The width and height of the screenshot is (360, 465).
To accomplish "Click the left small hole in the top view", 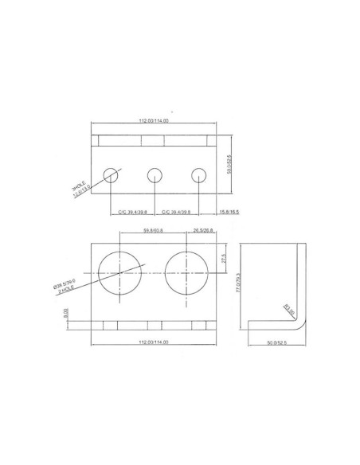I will click(x=111, y=174).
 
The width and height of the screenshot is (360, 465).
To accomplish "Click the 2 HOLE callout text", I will click(x=67, y=288).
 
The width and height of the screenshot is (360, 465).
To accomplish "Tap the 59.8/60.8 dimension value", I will click(x=153, y=230).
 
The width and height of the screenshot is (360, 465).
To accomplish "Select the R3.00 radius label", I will click(x=288, y=311).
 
